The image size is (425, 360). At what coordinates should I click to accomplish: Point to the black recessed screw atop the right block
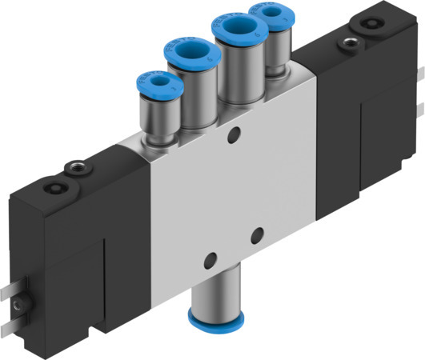pyautogui.click(x=373, y=24)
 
